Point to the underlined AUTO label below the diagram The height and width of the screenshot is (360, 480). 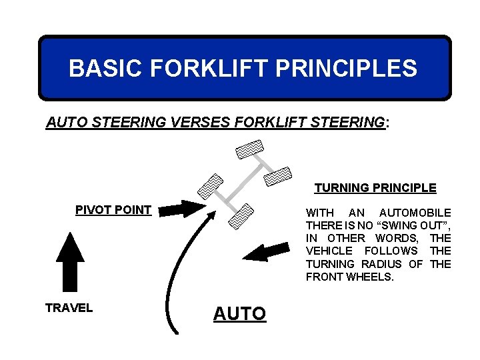pyautogui.click(x=239, y=313)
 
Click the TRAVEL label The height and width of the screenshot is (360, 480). pyautogui.click(x=69, y=308)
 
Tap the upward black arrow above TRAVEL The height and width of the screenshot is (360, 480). pyautogui.click(x=69, y=262)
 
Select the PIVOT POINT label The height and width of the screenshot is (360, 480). pyautogui.click(x=113, y=210)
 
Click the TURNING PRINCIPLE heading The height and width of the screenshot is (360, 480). pyautogui.click(x=375, y=188)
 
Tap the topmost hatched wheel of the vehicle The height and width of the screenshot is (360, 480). pyautogui.click(x=250, y=150)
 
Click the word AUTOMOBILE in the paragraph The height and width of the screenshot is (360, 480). pyautogui.click(x=415, y=212)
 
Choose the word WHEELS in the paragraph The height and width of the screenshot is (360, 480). pyautogui.click(x=370, y=277)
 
